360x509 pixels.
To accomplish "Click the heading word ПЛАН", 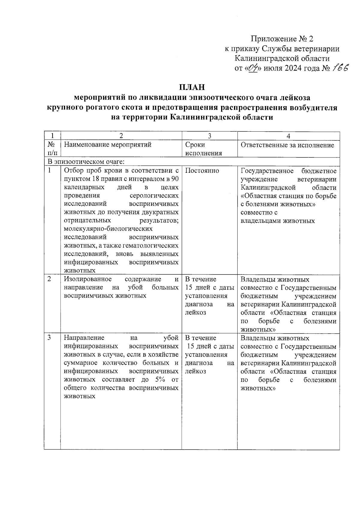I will pyautogui.click(x=192, y=87).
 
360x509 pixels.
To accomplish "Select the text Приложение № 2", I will pyautogui.click(x=282, y=39).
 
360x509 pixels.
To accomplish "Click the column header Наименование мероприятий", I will pyautogui.click(x=108, y=145).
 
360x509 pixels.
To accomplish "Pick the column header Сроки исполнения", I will pyautogui.click(x=203, y=149).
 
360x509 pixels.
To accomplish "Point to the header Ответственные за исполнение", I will pyautogui.click(x=287, y=145).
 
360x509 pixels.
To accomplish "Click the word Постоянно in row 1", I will pyautogui.click(x=202, y=171).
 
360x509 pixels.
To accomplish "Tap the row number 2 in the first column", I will pyautogui.click(x=49, y=279).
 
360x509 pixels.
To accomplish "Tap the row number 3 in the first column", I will pyautogui.click(x=49, y=338).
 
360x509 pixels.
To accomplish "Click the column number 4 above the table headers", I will pyautogui.click(x=288, y=136).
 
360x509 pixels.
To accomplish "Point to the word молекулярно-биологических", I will pyautogui.click(x=108, y=229).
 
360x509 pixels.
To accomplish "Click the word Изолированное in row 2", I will pyautogui.click(x=88, y=279).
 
